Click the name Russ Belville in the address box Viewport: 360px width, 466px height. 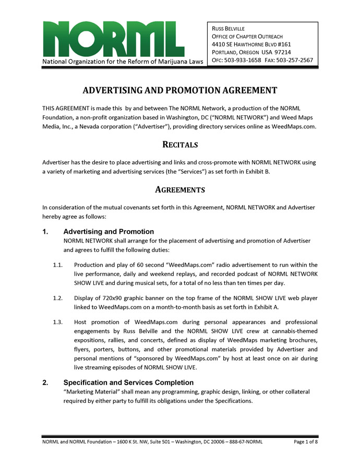tap(228, 28)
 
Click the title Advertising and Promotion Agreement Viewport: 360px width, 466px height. tap(180, 90)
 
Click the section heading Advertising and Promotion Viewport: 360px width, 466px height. tap(109, 232)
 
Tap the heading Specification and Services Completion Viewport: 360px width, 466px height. tap(128, 383)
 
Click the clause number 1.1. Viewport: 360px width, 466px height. tap(58, 265)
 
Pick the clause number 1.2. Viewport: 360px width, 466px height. tap(58, 298)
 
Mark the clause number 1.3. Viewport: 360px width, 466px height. tap(58, 322)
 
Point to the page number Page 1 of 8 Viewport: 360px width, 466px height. tap(306, 442)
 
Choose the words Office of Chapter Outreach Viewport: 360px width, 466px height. tap(247, 36)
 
